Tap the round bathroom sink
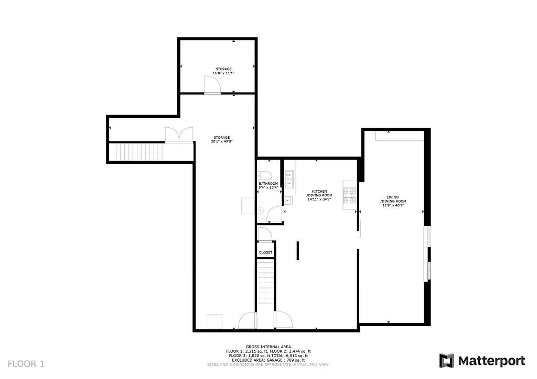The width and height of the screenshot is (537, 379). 261,210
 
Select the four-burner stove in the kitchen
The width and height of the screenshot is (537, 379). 350,195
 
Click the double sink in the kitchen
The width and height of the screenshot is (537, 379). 289,178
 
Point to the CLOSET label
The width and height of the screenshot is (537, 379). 265,252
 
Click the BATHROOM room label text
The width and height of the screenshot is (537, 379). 268,183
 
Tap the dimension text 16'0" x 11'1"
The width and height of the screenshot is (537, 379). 223,73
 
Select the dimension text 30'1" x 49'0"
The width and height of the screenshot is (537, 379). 221,141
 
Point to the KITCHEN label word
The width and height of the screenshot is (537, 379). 319,191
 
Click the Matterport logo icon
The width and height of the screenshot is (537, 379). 446,361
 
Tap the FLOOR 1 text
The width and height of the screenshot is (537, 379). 26,363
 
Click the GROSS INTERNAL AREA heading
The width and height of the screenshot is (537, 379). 268,347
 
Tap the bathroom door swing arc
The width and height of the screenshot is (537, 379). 274,214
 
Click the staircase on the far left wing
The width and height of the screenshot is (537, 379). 136,152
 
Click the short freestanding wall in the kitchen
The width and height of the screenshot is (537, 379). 297,251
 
